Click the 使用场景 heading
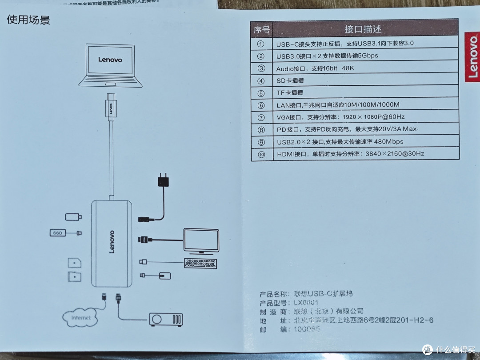[28, 20]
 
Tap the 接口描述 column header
[363, 29]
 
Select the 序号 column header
[261, 30]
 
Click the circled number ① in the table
[261, 44]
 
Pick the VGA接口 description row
[340, 117]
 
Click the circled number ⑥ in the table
[261, 105]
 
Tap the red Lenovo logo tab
[472, 57]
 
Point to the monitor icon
[201, 240]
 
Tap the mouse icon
[165, 276]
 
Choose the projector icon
[166, 319]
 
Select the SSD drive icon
[58, 232]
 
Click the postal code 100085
[307, 329]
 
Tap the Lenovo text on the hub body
[112, 242]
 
